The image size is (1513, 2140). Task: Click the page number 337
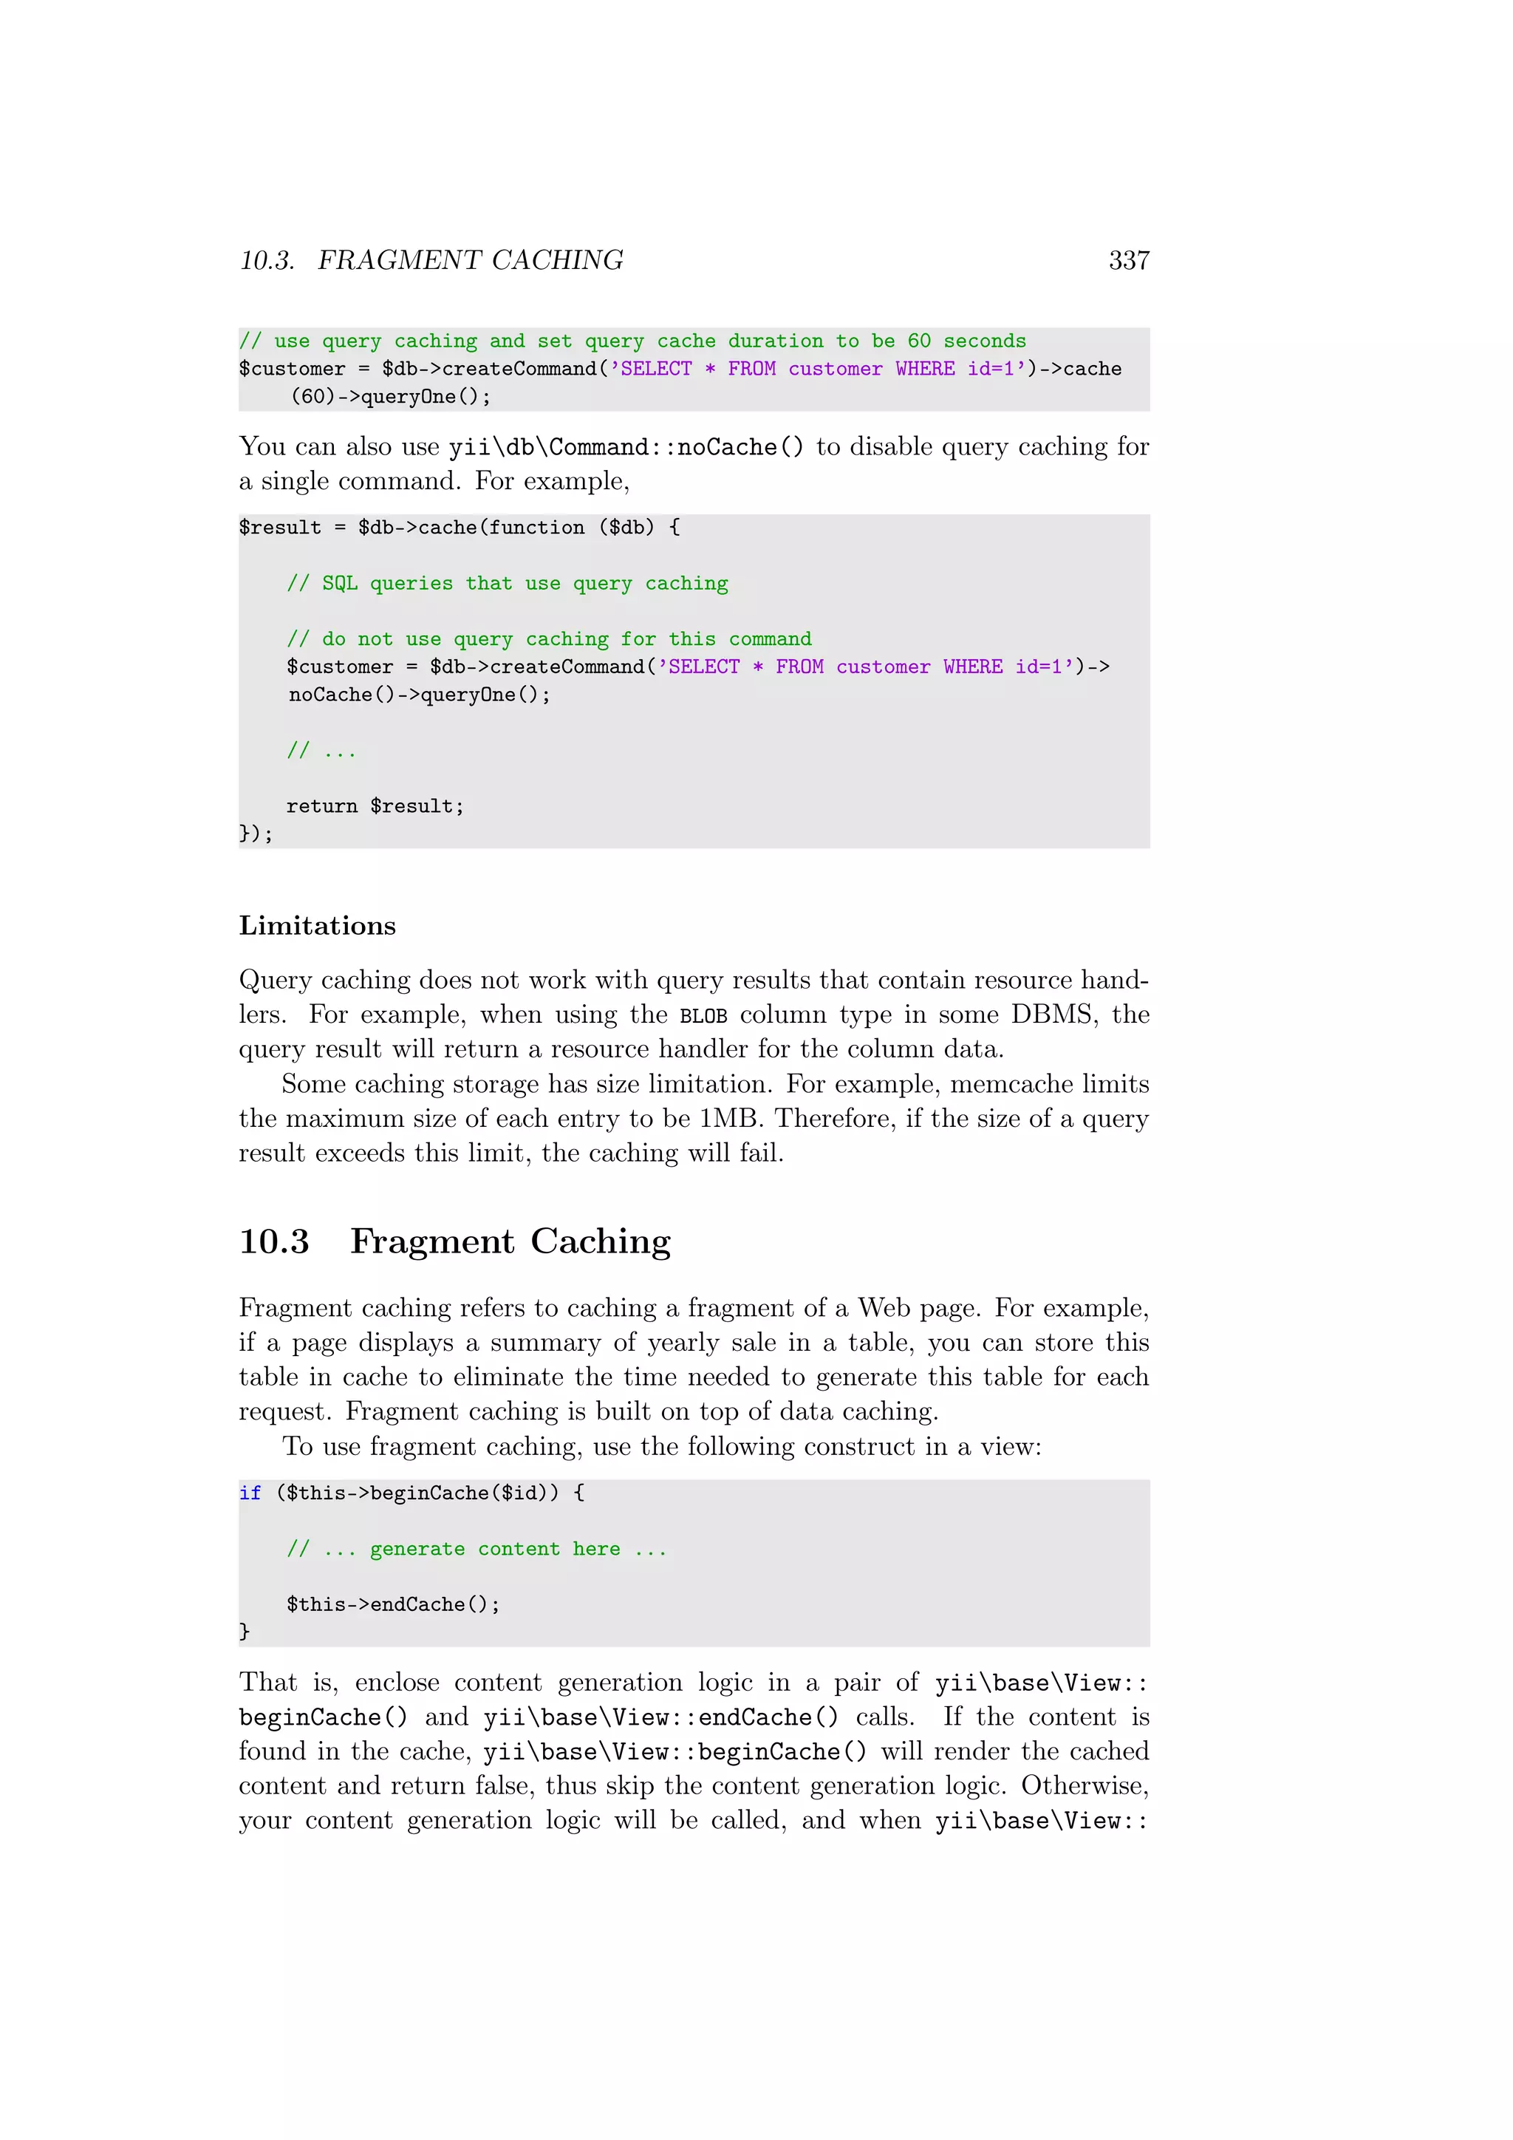pos(1128,261)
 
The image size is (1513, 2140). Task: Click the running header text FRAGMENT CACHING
pos(471,261)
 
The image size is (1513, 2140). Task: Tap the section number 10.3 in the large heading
pos(274,1241)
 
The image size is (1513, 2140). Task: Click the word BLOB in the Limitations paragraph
pos(703,1016)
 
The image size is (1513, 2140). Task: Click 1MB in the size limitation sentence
pos(729,1119)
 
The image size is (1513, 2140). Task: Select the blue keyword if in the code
pos(250,1493)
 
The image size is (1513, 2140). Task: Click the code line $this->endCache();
pos(392,1604)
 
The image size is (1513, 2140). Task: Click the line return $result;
pos(375,806)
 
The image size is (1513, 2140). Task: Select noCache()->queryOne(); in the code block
pos(419,695)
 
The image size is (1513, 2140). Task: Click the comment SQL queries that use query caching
pos(508,584)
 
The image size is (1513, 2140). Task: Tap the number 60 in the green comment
pos(918,341)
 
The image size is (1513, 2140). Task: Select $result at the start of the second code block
pos(279,528)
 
